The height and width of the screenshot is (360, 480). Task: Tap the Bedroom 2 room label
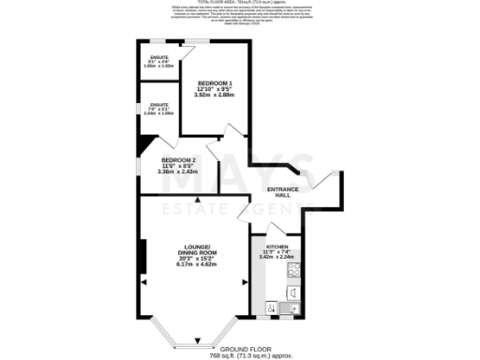178,160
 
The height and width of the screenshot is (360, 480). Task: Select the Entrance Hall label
283,193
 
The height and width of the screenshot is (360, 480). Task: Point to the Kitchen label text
277,246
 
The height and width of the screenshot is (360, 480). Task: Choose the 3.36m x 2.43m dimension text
178,172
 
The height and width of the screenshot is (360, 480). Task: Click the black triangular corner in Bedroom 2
143,144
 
